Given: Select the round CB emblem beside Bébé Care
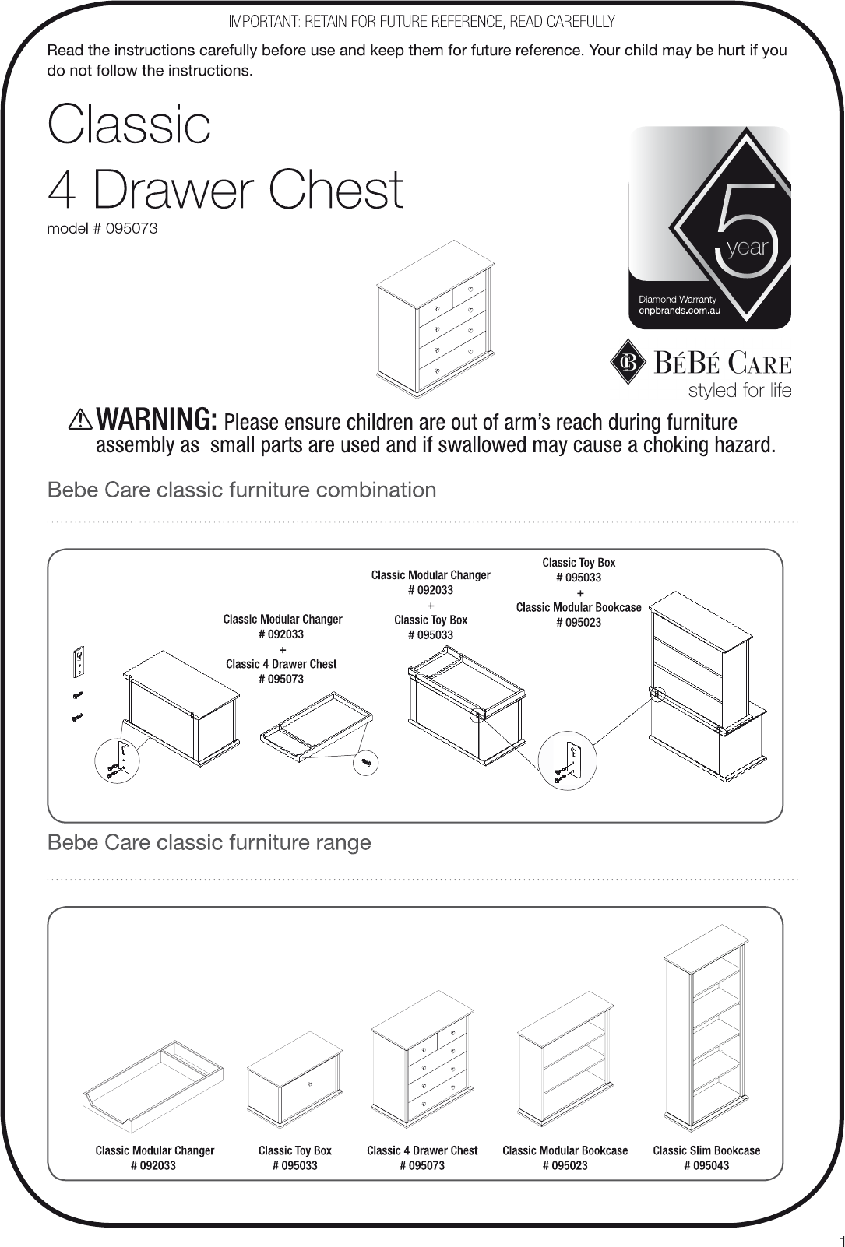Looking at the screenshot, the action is click(628, 363).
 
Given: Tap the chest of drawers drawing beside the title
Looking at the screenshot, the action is click(435, 320).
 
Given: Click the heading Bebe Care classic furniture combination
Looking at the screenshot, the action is click(241, 490).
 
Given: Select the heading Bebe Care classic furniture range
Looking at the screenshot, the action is click(209, 843).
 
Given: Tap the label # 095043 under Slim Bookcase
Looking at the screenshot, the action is click(706, 1165).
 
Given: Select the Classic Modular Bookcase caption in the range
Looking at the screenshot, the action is click(565, 1150).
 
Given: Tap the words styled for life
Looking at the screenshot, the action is click(739, 390).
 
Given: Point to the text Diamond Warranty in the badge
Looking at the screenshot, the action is click(677, 299).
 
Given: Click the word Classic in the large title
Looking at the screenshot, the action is click(129, 125).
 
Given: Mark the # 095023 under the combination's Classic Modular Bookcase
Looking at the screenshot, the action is click(579, 622).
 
